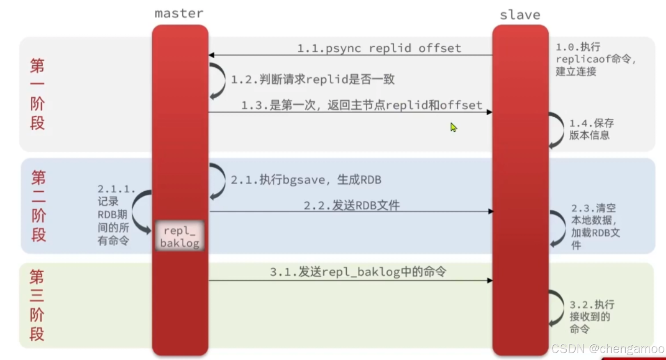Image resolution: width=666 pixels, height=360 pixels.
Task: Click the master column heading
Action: point(179,14)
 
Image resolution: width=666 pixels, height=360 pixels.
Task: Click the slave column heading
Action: point(520,15)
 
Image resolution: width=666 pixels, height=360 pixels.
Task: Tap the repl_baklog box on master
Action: point(180,236)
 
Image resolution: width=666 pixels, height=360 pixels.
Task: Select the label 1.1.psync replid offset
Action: point(379,48)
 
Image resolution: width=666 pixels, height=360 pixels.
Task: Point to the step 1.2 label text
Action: point(313,79)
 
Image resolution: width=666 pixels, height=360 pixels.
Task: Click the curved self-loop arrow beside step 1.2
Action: point(218,81)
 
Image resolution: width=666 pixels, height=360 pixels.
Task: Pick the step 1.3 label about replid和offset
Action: point(362,105)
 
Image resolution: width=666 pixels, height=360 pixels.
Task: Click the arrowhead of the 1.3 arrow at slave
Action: point(489,112)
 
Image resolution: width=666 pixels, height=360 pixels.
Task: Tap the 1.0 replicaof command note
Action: point(595,59)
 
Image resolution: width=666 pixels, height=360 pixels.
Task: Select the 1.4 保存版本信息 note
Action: point(591,129)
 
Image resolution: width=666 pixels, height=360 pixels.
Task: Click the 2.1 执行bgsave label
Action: point(306,180)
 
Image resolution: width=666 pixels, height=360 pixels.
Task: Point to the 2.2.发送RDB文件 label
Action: point(352,205)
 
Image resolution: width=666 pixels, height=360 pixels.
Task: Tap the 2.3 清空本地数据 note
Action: point(595,226)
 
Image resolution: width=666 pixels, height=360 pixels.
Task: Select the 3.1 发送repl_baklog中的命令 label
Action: point(358,272)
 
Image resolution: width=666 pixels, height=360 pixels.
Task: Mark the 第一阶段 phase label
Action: point(37,94)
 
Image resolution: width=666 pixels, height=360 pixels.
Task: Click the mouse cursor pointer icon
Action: point(453,127)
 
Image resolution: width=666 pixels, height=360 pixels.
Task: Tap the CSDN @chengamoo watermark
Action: point(607,349)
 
